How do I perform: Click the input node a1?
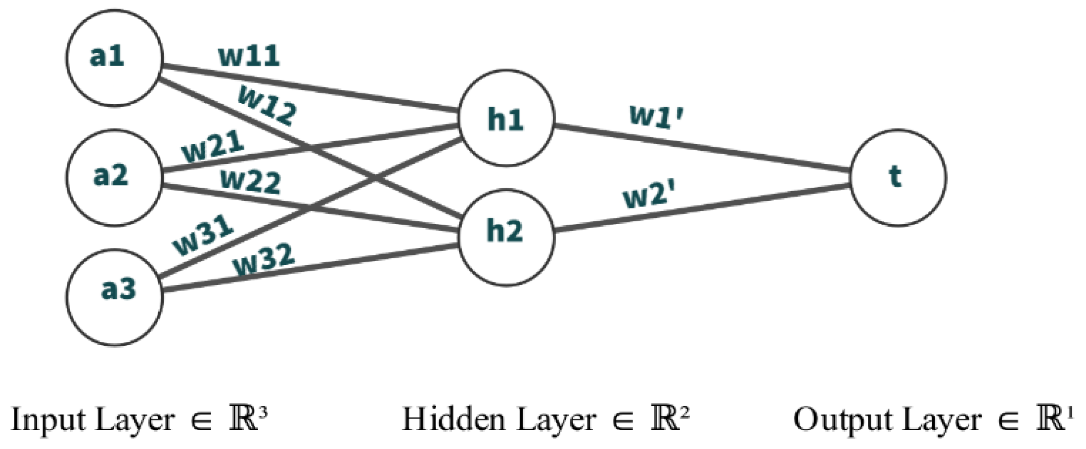click(x=114, y=58)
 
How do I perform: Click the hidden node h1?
click(x=506, y=118)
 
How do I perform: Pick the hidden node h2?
click(x=506, y=238)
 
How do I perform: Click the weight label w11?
click(x=249, y=56)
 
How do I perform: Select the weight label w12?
click(x=268, y=105)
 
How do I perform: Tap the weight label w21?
click(x=213, y=146)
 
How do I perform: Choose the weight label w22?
click(x=250, y=181)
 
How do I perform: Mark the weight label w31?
click(x=203, y=235)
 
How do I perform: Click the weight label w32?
click(x=264, y=260)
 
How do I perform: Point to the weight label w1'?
click(x=656, y=117)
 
